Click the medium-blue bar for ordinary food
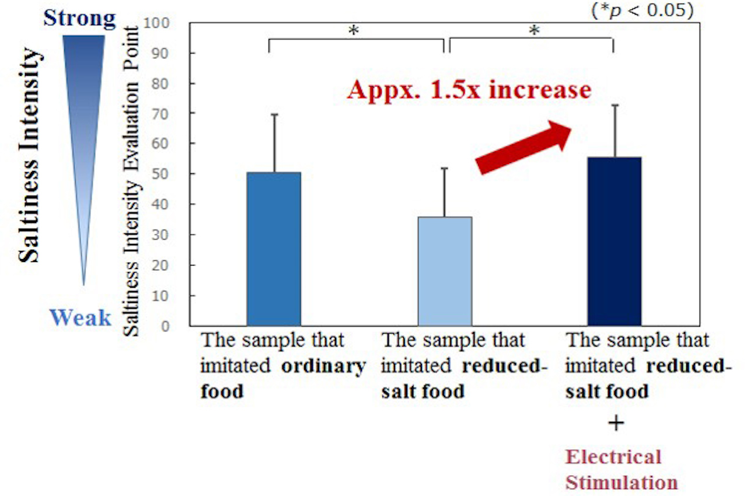click(x=273, y=249)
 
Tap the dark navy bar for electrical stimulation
click(x=614, y=241)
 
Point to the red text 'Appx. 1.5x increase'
click(x=469, y=90)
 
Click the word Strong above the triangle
click(x=79, y=19)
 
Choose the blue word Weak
click(x=80, y=318)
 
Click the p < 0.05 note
click(x=642, y=11)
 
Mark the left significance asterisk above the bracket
click(x=353, y=30)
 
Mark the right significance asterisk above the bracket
click(x=533, y=30)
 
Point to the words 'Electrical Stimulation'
click(x=621, y=469)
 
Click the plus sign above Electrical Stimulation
click(x=615, y=423)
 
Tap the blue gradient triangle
click(x=83, y=117)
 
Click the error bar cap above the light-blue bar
click(x=445, y=168)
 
